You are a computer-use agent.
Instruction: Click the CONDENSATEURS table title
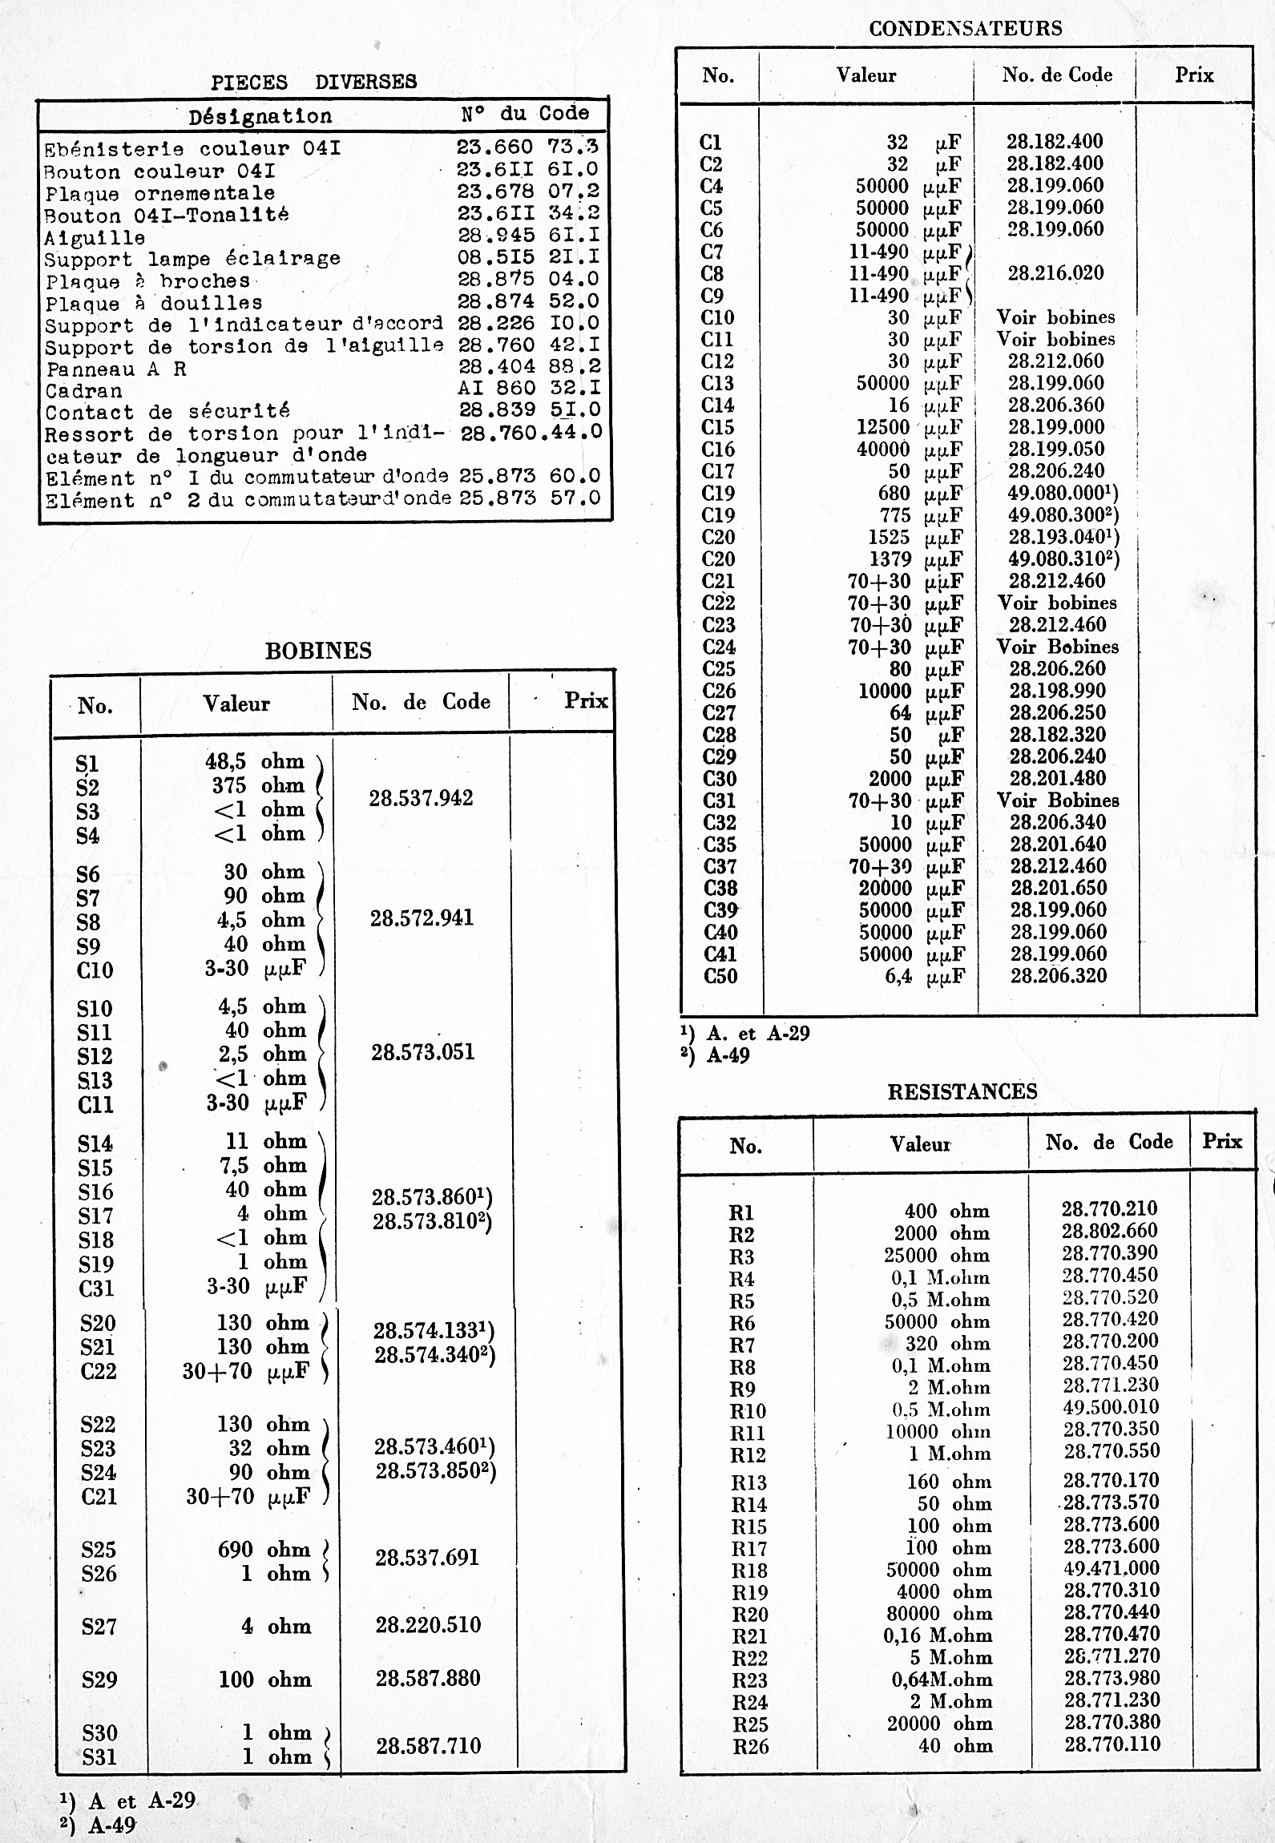pyautogui.click(x=965, y=29)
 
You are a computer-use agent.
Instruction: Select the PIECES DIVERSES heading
pyautogui.click(x=313, y=82)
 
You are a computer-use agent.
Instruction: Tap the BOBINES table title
pyautogui.click(x=318, y=651)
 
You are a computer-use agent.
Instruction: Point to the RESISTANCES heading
pyautogui.click(x=962, y=1091)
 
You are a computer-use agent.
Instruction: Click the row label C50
pyautogui.click(x=720, y=976)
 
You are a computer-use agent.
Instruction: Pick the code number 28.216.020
pyautogui.click(x=1055, y=273)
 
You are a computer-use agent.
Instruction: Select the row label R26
pyautogui.click(x=750, y=1746)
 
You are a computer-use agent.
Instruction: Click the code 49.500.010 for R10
pyautogui.click(x=1111, y=1407)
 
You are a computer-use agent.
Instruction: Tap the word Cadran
pyautogui.click(x=83, y=391)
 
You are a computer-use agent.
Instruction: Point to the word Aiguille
pyautogui.click(x=95, y=238)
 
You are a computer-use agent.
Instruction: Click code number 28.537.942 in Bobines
pyautogui.click(x=421, y=798)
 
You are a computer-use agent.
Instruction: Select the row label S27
pyautogui.click(x=99, y=1627)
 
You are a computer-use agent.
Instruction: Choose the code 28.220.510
pyautogui.click(x=428, y=1625)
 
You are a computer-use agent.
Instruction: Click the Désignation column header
pyautogui.click(x=260, y=117)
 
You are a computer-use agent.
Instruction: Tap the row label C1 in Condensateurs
pyautogui.click(x=711, y=143)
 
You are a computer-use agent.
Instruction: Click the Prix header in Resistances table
pyautogui.click(x=1221, y=1141)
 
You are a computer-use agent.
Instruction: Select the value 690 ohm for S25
pyautogui.click(x=264, y=1550)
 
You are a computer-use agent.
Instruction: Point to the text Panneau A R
pyautogui.click(x=116, y=369)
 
